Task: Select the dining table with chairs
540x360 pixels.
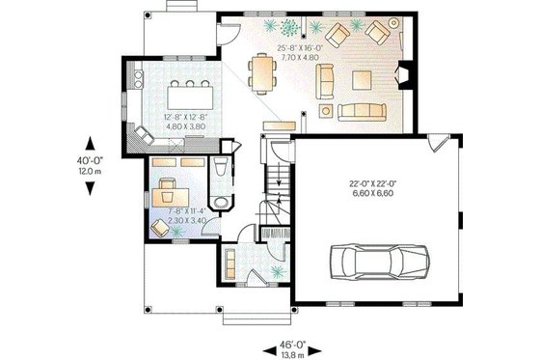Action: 262,71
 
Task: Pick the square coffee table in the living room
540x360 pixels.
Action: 364,78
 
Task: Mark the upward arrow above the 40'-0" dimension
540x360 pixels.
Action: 90,139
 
